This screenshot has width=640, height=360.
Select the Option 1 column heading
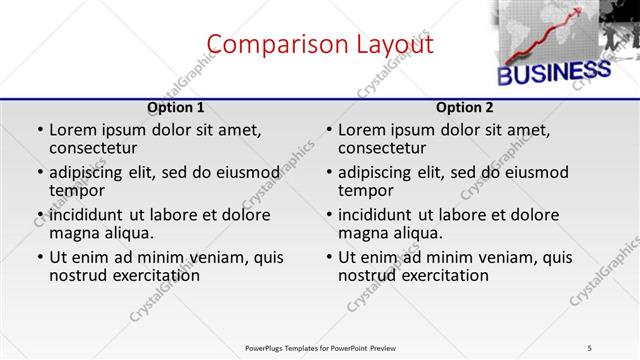tap(176, 107)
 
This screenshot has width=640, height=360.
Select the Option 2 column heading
tap(465, 107)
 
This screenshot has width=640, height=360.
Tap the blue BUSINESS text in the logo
tap(554, 72)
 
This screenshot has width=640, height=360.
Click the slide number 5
tap(590, 348)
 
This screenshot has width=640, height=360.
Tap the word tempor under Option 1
tap(77, 190)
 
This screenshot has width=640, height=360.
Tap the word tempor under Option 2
tap(366, 190)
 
